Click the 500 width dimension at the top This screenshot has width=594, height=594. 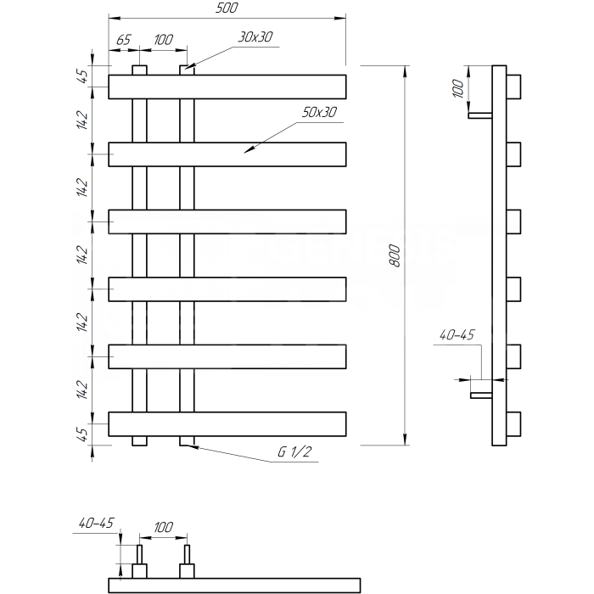pos(227,8)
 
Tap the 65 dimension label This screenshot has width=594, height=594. pos(124,39)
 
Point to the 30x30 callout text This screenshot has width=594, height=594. pos(255,36)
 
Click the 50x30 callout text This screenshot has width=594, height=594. pos(319,112)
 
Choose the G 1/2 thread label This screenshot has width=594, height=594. pos(294,451)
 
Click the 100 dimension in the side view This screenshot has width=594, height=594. pos(458,88)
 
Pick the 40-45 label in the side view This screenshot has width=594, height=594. pos(457,335)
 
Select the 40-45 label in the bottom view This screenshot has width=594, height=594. pos(96,524)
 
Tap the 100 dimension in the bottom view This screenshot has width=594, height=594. pos(163,527)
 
